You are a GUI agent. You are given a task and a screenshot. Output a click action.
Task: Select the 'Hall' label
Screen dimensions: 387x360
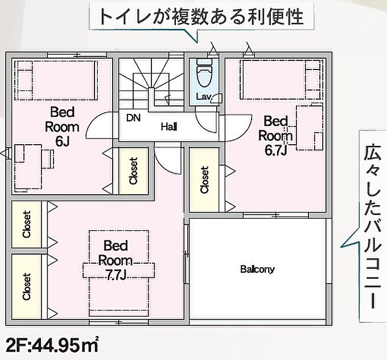pos(169,127)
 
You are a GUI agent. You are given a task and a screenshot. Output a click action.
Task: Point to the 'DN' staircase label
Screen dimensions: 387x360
pos(133,118)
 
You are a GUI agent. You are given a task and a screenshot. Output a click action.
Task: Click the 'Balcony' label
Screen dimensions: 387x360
pos(257,269)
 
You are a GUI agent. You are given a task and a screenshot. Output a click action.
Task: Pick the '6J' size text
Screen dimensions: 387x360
pos(62,141)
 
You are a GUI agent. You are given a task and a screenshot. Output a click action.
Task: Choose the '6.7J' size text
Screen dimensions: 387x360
pos(275,150)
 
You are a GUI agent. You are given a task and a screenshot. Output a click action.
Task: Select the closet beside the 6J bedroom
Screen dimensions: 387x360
pos(134,171)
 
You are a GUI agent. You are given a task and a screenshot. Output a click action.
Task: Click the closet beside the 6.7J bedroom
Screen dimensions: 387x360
pos(204,179)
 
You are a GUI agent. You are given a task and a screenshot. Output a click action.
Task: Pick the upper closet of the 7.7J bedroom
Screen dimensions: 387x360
pos(26,224)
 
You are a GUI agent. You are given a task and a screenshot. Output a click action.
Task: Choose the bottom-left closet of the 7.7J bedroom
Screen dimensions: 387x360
pos(26,287)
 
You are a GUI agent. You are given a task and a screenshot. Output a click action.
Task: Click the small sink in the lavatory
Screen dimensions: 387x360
pos(217,97)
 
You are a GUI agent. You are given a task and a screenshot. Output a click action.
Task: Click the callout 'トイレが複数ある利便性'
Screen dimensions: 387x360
pos(201,17)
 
